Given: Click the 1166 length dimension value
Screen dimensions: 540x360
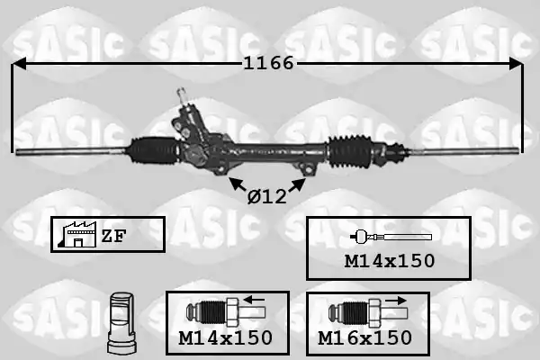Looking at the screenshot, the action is (268, 63).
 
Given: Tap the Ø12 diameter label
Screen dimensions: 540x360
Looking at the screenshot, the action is (267, 197).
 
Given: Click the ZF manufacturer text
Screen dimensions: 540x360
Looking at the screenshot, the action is (114, 236).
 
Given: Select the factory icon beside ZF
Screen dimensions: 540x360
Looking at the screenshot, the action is (78, 234).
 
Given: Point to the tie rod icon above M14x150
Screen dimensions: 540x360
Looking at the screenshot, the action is (391, 237).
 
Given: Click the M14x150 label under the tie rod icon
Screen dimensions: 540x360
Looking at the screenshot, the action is (390, 261).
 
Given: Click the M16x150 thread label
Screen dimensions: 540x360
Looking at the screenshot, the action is (365, 338).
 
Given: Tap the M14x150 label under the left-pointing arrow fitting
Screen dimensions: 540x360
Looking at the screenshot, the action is (226, 338).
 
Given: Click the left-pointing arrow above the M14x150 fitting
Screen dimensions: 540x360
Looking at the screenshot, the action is (254, 300).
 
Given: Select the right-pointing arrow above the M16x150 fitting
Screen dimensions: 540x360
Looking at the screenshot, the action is (396, 300).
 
